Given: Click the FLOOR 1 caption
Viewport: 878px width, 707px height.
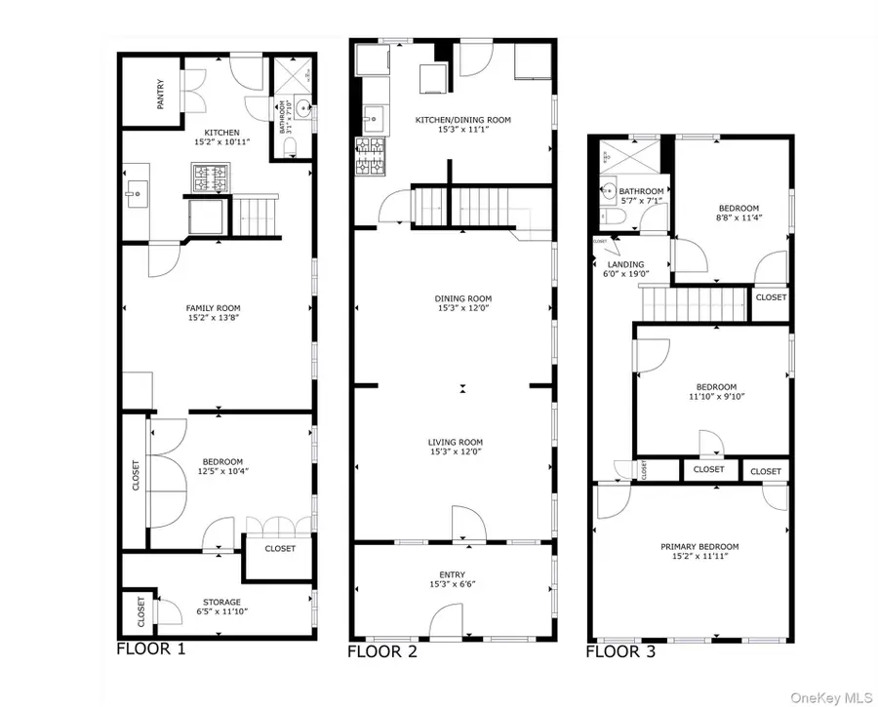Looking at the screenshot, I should pyautogui.click(x=150, y=648).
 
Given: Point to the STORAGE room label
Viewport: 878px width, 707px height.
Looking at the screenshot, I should pyautogui.click(x=221, y=602).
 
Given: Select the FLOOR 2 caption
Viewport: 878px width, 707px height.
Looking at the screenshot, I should pyautogui.click(x=382, y=651).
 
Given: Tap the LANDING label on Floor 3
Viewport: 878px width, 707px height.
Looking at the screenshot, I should pyautogui.click(x=625, y=264).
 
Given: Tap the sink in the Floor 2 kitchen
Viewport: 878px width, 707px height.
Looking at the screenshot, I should pyautogui.click(x=372, y=121).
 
